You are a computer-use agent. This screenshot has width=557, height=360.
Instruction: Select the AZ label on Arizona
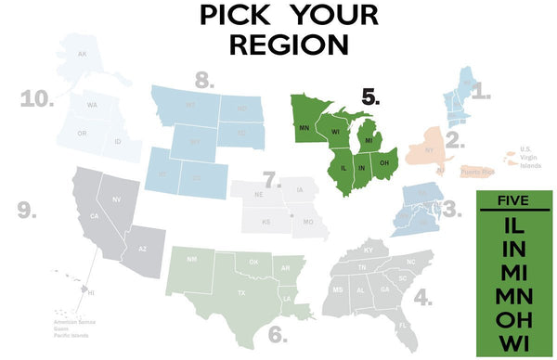[x=142, y=250]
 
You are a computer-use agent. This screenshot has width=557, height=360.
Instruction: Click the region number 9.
[x=26, y=212]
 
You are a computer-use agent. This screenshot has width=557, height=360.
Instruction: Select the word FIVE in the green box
[x=513, y=201]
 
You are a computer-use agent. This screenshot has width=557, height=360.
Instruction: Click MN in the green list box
[x=513, y=296]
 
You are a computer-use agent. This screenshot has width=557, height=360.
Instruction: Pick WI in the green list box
[x=513, y=343]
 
